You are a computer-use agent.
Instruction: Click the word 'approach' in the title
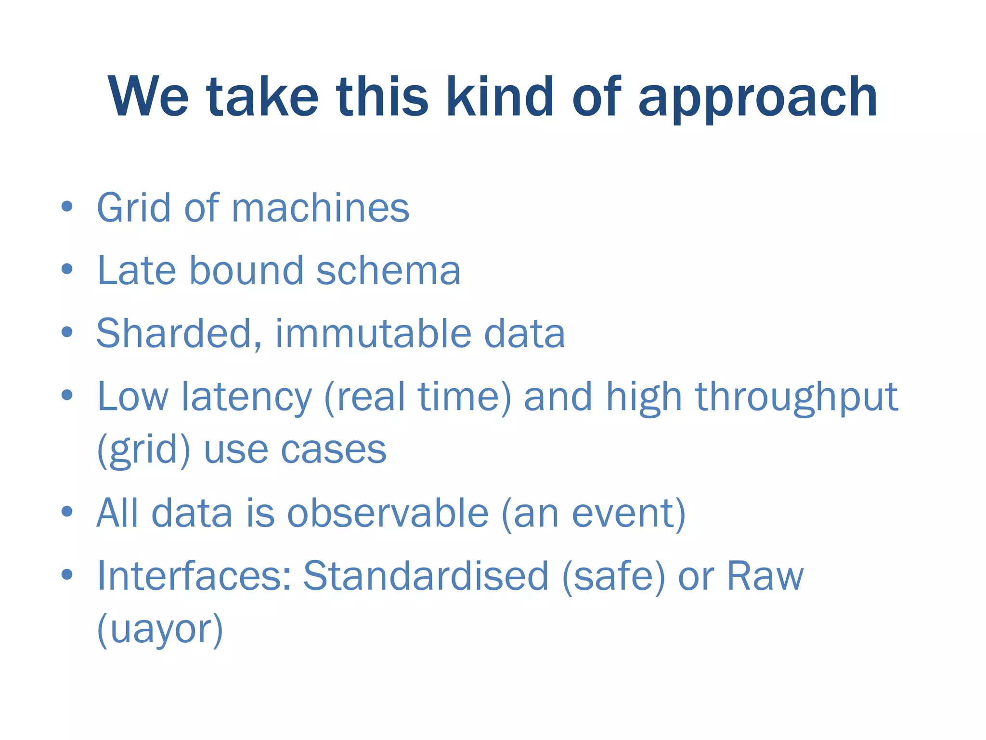pyautogui.click(x=757, y=99)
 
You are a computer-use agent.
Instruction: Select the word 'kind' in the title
pyautogui.click(x=500, y=97)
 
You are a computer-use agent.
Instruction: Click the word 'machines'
pyautogui.click(x=320, y=208)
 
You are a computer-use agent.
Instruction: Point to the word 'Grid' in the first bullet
pyautogui.click(x=134, y=208)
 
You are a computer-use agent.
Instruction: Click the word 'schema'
pyautogui.click(x=388, y=271)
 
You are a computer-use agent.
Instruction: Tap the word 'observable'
pyautogui.click(x=388, y=514)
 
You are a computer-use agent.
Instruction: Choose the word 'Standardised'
pyautogui.click(x=426, y=576)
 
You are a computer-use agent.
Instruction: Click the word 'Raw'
pyautogui.click(x=765, y=576)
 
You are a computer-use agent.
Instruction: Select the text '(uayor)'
pyautogui.click(x=160, y=629)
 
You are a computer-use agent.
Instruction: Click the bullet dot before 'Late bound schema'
pyautogui.click(x=67, y=269)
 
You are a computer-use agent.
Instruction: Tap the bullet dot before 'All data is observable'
pyautogui.click(x=67, y=512)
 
